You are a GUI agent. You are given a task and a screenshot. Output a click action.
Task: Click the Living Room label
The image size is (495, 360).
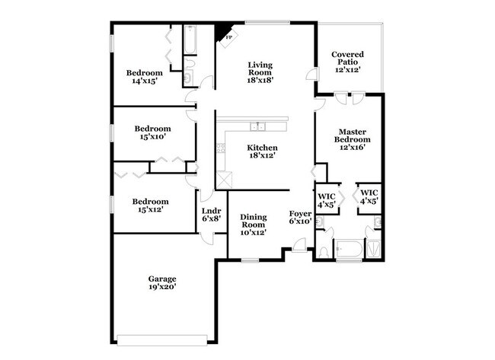[260, 72]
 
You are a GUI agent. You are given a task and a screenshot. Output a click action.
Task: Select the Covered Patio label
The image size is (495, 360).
[346, 62]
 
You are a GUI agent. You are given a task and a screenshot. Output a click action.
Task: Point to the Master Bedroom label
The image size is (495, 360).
[353, 139]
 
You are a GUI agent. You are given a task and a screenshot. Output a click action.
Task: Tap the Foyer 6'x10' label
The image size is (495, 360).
[300, 218]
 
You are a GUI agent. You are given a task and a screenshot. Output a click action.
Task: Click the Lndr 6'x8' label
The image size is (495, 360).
[211, 215]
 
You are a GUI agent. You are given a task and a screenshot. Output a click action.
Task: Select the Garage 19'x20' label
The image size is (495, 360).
[162, 283]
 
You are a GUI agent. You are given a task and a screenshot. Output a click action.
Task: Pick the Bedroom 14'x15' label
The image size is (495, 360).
[145, 77]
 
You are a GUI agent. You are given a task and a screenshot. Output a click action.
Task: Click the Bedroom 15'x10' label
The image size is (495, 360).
[152, 133]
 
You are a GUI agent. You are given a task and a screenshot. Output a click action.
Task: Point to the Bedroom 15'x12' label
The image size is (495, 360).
[149, 205]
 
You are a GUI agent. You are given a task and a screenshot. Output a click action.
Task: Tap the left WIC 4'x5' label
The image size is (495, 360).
[326, 199]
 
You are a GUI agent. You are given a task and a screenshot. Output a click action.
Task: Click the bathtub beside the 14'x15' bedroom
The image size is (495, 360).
[190, 41]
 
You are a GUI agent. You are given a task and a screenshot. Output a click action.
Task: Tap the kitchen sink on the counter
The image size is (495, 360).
[259, 126]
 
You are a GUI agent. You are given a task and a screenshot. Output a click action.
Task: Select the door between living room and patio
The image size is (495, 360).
[311, 75]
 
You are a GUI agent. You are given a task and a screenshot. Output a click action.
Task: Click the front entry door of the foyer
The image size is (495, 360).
[299, 246]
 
